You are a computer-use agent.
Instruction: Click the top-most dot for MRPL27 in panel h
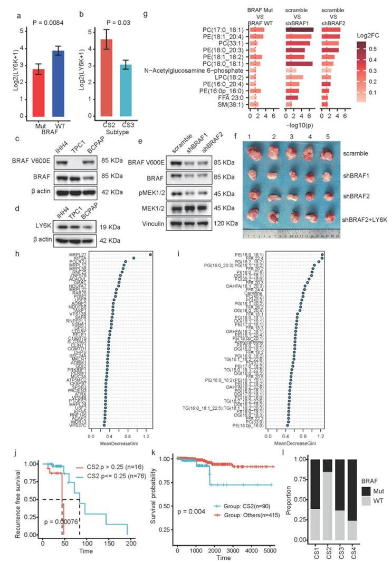pos(151,255)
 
